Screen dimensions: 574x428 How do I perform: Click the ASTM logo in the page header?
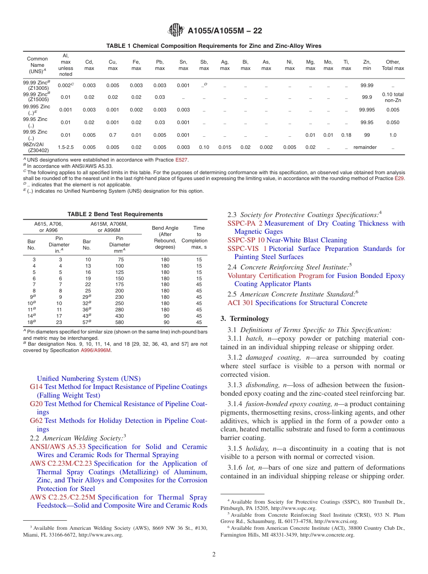click(176, 30)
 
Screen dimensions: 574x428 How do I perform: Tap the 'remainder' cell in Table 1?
click(365, 147)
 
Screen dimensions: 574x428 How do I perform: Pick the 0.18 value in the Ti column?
click(346, 135)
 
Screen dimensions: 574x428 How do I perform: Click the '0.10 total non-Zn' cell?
click(393, 97)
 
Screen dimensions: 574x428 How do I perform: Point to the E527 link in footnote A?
click(182, 160)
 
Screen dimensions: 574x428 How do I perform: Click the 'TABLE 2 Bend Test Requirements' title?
click(115, 214)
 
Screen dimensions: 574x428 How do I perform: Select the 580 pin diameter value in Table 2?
click(119, 323)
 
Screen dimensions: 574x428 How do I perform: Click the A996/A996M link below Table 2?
click(96, 350)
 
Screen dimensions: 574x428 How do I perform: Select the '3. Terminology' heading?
click(245, 318)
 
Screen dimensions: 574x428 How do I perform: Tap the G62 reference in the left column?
click(36, 421)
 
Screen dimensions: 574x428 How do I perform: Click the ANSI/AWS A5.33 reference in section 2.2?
click(58, 447)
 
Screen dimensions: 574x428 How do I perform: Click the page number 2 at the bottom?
click(214, 555)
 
